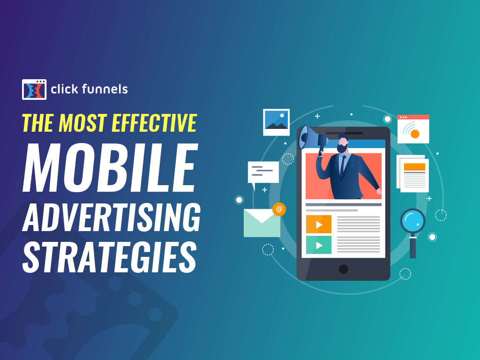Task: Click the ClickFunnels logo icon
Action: point(34,90)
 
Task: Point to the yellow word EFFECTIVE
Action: point(154,123)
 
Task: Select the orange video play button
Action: point(319,225)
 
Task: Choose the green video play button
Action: point(319,245)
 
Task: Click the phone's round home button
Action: point(344,269)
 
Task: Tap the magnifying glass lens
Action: point(413,221)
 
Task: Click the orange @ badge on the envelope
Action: point(279,210)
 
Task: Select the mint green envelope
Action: point(262,223)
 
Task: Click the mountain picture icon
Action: point(277,122)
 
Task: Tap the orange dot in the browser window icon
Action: point(415,134)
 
